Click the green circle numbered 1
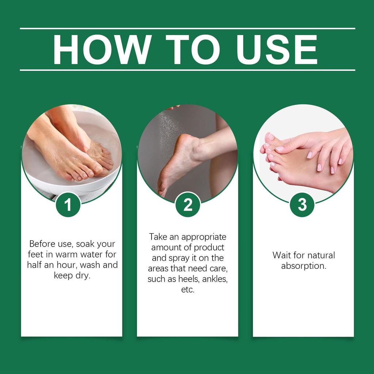68,205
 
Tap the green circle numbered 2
188,205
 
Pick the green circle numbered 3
302,205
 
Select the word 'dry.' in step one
82,275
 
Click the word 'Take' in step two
158,237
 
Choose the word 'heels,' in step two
190,279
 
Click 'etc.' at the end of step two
188,290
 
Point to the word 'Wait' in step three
281,255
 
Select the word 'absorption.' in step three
304,266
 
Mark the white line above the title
187,28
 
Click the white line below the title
187,70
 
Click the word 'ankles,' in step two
215,279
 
